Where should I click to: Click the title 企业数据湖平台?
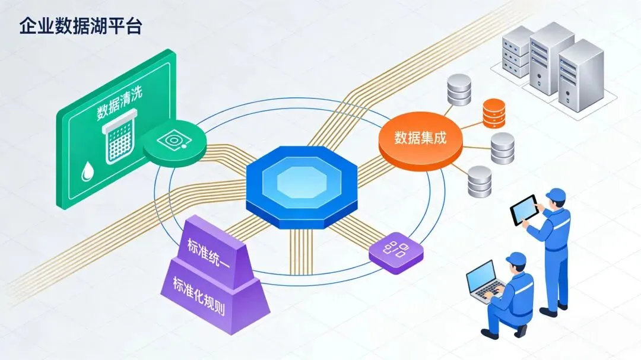(80, 27)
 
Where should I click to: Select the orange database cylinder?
(494, 113)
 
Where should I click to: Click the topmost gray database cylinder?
(459, 90)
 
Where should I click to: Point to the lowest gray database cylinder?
(480, 181)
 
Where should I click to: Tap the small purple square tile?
(396, 251)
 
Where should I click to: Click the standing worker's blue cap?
(556, 195)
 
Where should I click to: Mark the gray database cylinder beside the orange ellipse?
(503, 148)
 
